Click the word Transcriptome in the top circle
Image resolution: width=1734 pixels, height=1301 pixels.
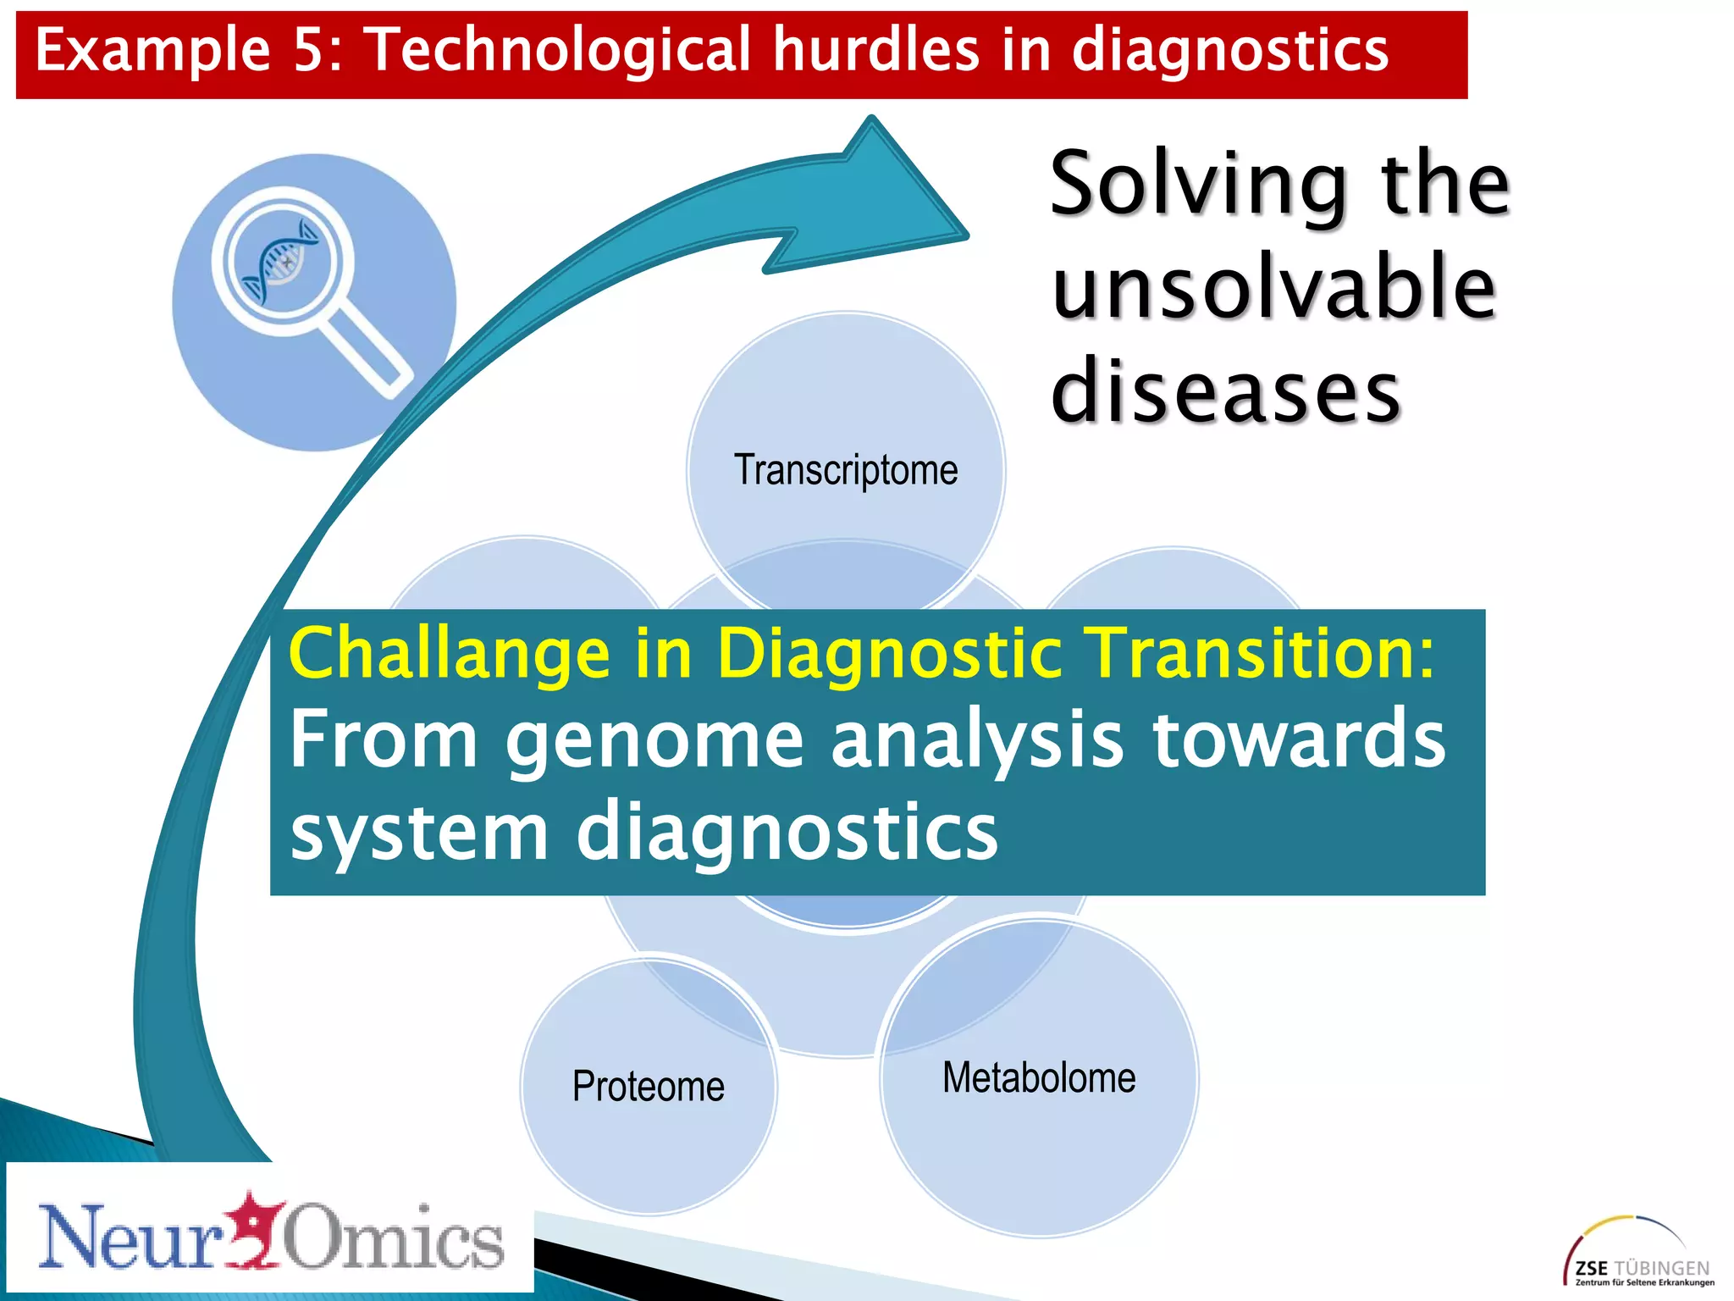point(845,470)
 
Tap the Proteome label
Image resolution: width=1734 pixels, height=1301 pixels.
point(648,1087)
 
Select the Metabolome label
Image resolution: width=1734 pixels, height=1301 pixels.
point(1039,1078)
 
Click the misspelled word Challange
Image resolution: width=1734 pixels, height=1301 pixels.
point(449,653)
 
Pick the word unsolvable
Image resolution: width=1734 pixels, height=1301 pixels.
point(1273,288)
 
